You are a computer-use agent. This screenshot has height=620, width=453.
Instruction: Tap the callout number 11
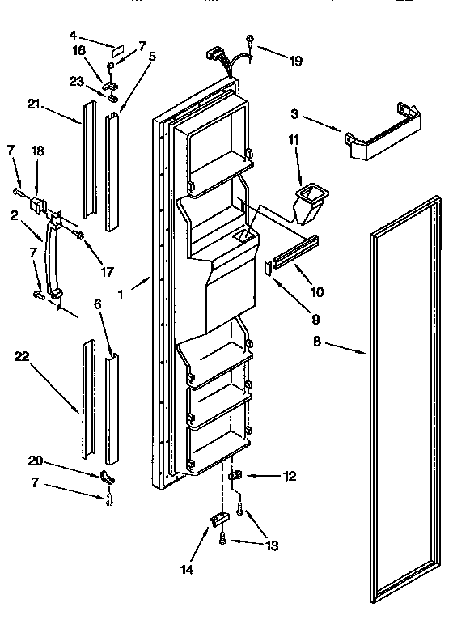tap(294, 141)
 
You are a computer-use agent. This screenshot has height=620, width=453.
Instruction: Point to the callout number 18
tap(37, 151)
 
